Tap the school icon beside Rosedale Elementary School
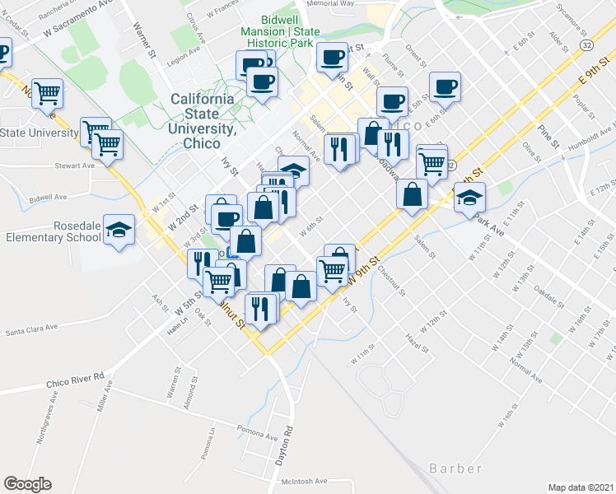click(120, 231)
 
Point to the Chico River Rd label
click(75, 380)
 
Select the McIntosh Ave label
click(304, 482)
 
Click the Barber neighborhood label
click(455, 468)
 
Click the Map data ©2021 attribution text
click(581, 487)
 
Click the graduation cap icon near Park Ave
click(469, 198)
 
